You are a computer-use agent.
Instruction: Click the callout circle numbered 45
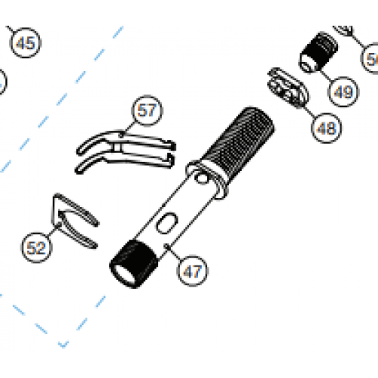25,44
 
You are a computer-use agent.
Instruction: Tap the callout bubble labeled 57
148,110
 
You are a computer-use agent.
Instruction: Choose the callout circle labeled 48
326,128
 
